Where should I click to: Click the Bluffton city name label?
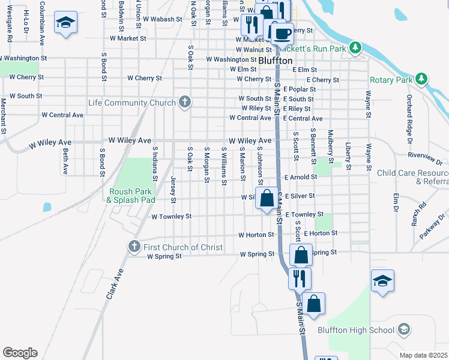tap(275, 61)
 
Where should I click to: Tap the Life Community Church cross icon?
tap(185, 103)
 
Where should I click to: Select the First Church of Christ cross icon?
tap(134, 247)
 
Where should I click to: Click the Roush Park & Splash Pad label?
tap(131, 196)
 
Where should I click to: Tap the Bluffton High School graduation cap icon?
tap(405, 329)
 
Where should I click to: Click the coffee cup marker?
tap(282, 33)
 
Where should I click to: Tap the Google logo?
tap(19, 353)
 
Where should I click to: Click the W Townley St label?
tap(171, 216)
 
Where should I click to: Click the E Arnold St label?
tap(301, 177)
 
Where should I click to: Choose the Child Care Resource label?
tap(412, 173)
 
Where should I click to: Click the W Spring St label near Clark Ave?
tap(164, 256)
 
